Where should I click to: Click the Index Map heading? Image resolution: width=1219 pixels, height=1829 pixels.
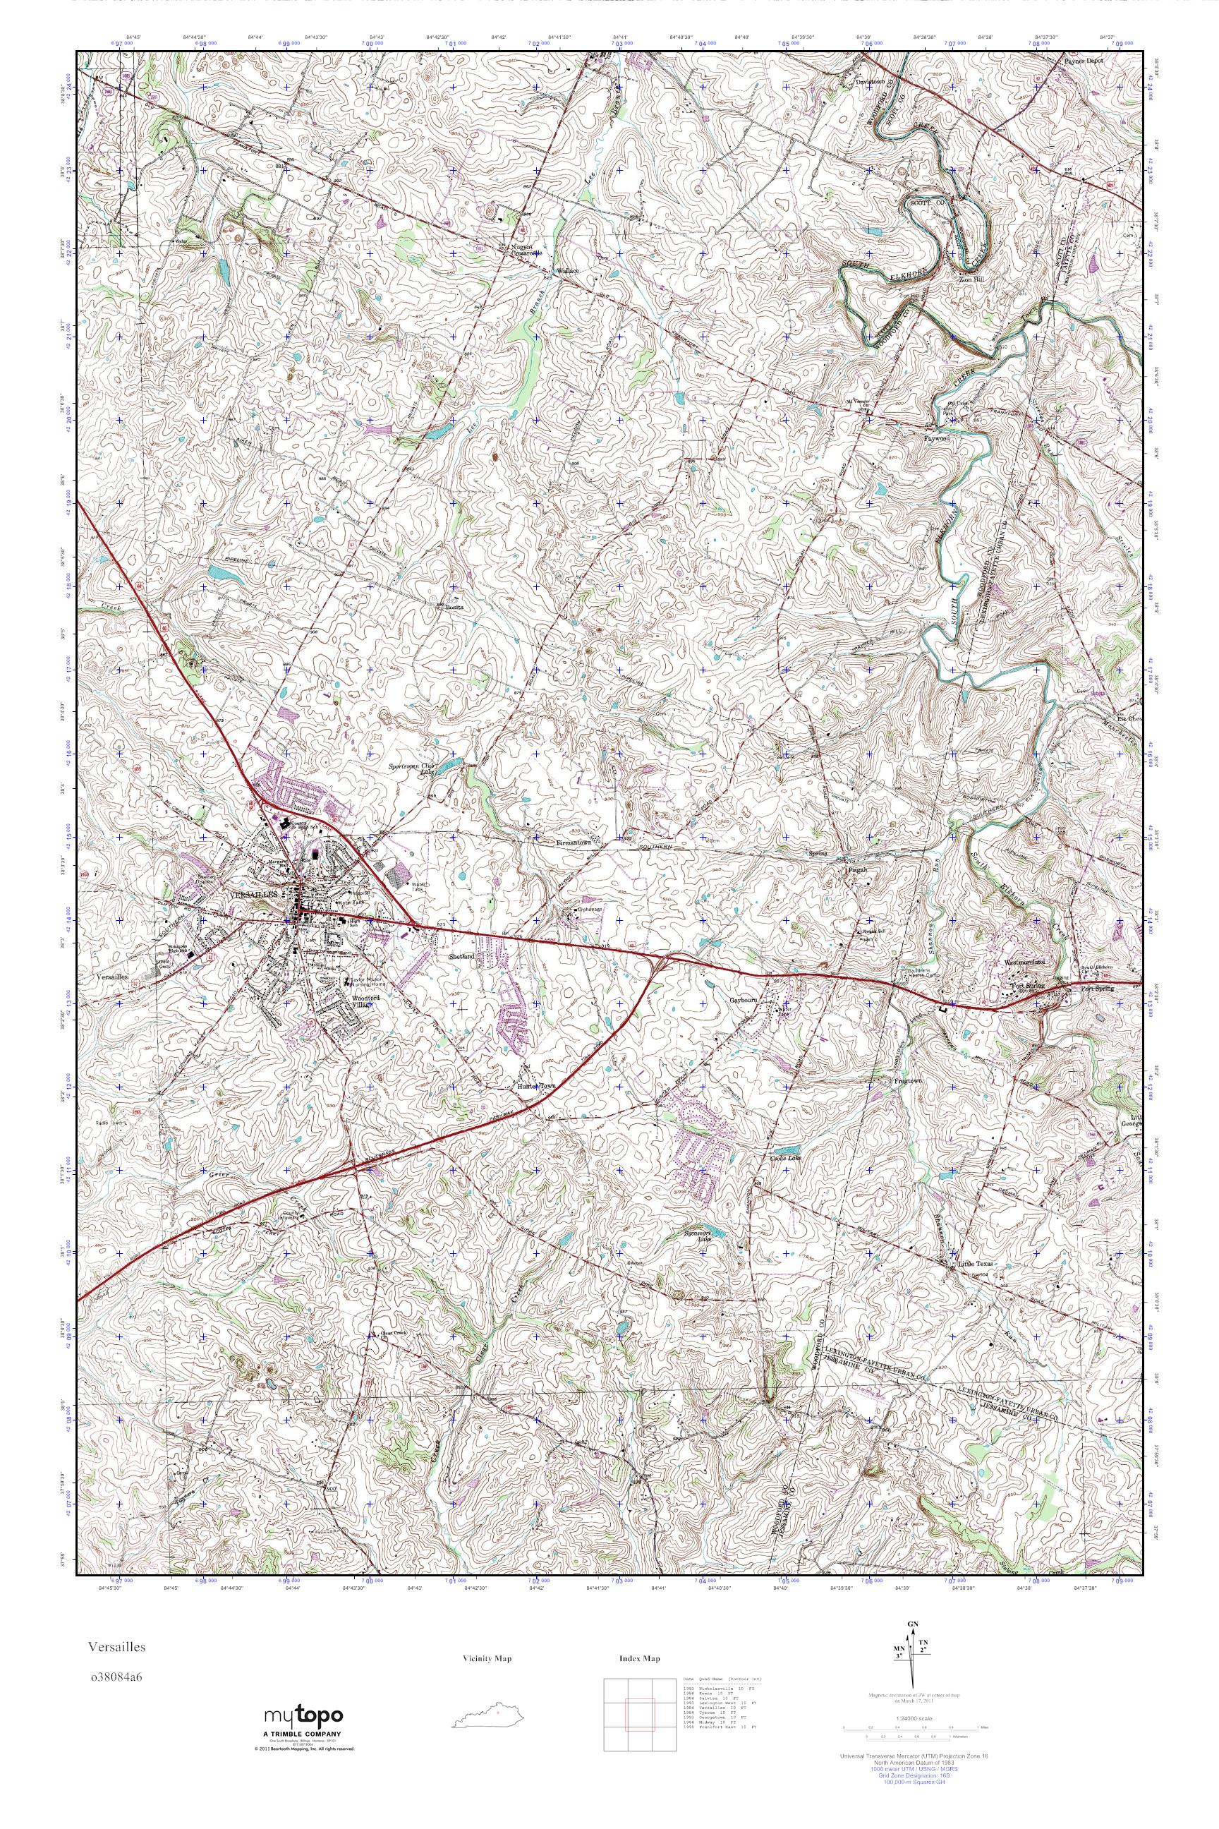640,1659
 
